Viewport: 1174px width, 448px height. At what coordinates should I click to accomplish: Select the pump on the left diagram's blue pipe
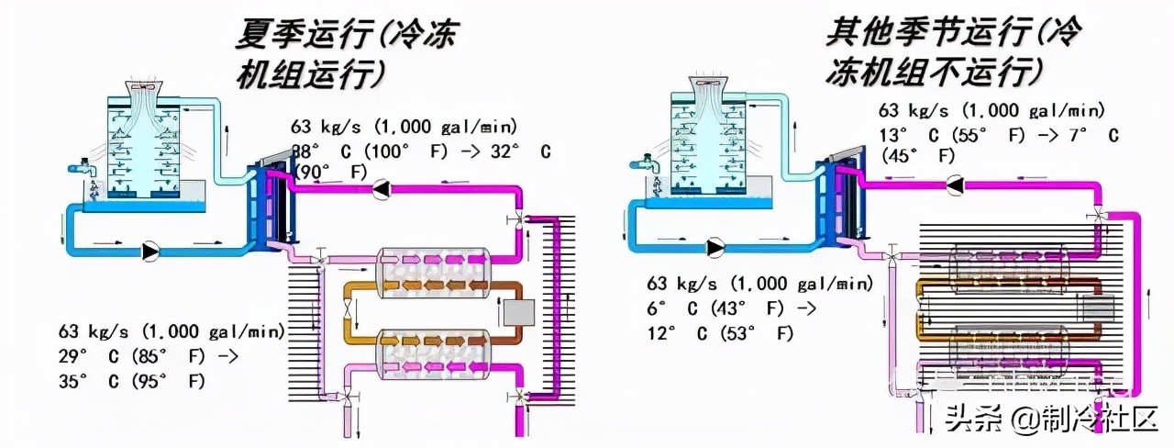point(150,250)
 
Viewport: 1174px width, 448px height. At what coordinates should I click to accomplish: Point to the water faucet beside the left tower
point(81,169)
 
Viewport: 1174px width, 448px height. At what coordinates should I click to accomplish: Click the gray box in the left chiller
point(519,313)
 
